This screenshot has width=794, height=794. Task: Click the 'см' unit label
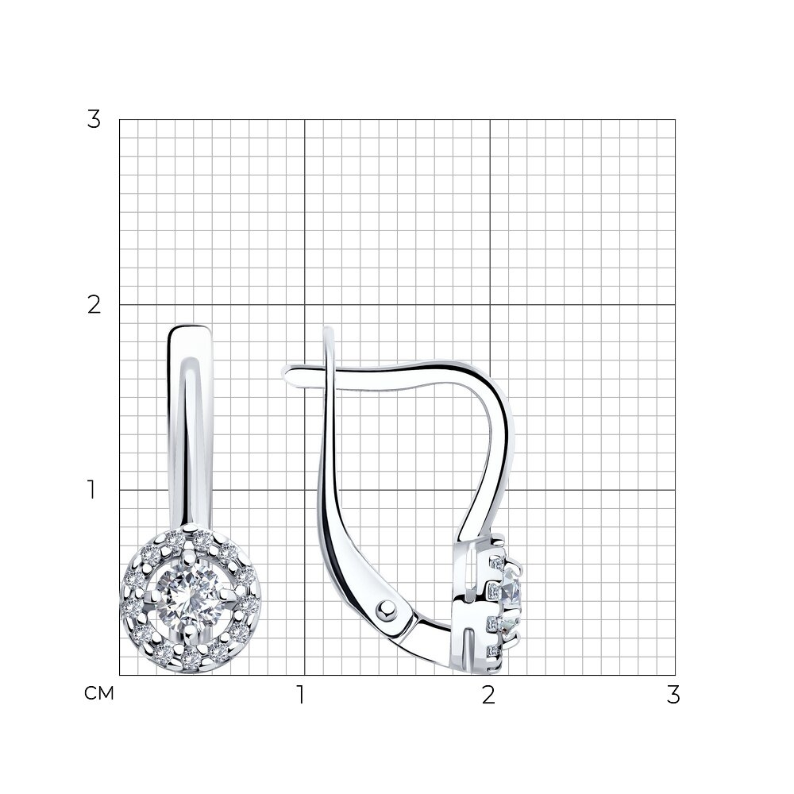(98, 694)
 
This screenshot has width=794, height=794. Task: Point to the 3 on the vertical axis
(94, 120)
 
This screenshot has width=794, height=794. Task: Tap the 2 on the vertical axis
(94, 305)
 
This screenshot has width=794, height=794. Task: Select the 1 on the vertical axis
(91, 490)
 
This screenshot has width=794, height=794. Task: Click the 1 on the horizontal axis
(301, 696)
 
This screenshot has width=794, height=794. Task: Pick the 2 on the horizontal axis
(488, 696)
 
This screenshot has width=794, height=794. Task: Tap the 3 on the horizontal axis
(673, 696)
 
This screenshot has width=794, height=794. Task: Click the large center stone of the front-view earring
(190, 598)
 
